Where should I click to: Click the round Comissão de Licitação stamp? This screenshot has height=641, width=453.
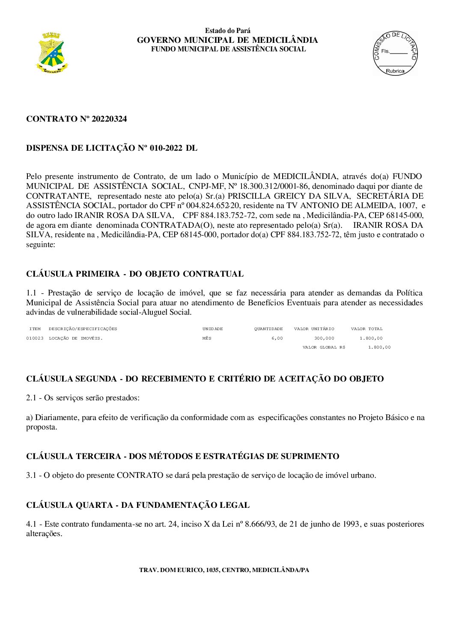tap(395, 54)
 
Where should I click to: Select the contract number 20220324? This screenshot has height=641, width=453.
tap(109, 119)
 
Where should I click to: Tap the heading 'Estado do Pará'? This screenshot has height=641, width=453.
tap(227, 31)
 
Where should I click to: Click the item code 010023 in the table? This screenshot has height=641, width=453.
tap(35, 338)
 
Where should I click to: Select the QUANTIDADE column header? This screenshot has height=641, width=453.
tap(268, 329)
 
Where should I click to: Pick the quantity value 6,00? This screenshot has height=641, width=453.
tap(277, 338)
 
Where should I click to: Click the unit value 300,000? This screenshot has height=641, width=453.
tap(324, 338)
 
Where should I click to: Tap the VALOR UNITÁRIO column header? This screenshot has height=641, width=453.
tap(314, 329)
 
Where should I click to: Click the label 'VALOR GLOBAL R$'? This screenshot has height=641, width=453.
tap(324, 347)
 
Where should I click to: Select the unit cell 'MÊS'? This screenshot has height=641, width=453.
tap(207, 338)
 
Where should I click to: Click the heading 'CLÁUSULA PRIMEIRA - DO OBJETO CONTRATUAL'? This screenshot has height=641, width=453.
tap(135, 274)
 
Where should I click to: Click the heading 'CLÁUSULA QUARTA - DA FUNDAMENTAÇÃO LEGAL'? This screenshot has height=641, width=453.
tap(138, 505)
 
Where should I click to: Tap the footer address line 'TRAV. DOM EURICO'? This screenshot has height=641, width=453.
tap(224, 570)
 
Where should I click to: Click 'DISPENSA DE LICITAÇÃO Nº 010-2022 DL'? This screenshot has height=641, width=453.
tap(112, 148)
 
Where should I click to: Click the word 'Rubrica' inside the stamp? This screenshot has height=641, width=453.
tap(395, 71)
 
